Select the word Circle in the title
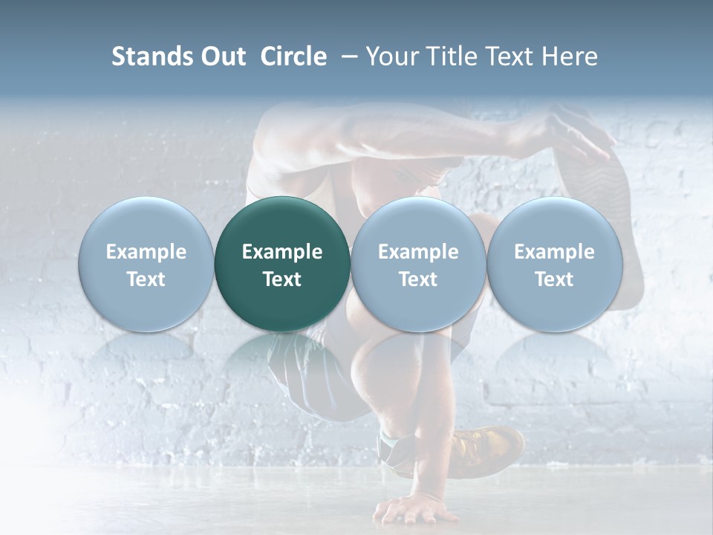pyautogui.click(x=293, y=56)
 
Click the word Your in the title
pyautogui.click(x=391, y=56)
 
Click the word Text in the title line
pyautogui.click(x=510, y=56)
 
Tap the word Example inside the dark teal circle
pyautogui.click(x=282, y=252)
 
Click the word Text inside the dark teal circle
pyautogui.click(x=282, y=279)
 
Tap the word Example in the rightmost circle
pyautogui.click(x=555, y=252)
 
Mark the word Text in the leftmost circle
pyautogui.click(x=146, y=279)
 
